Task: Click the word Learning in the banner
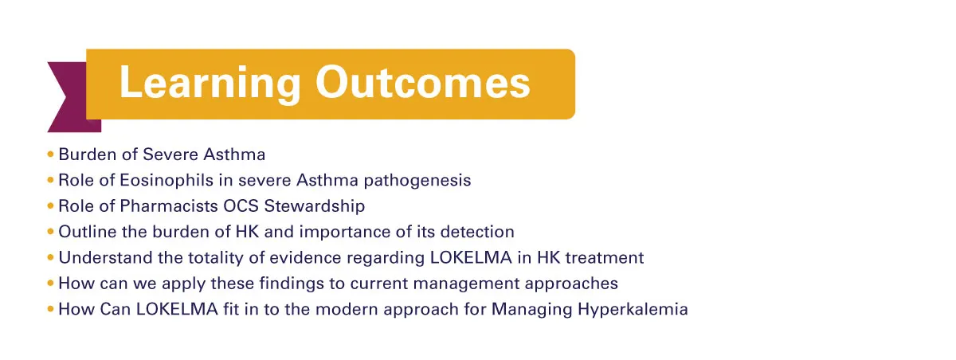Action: click(210, 84)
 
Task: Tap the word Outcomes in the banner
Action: click(423, 82)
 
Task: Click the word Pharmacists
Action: click(169, 206)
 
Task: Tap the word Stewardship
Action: click(315, 207)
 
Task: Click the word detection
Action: click(477, 232)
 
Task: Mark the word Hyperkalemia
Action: click(633, 310)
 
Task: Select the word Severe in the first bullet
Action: click(170, 155)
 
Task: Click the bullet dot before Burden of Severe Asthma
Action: click(50, 154)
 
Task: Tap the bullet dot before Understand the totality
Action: click(50, 257)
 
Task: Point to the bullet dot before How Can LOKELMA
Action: click(50, 309)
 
